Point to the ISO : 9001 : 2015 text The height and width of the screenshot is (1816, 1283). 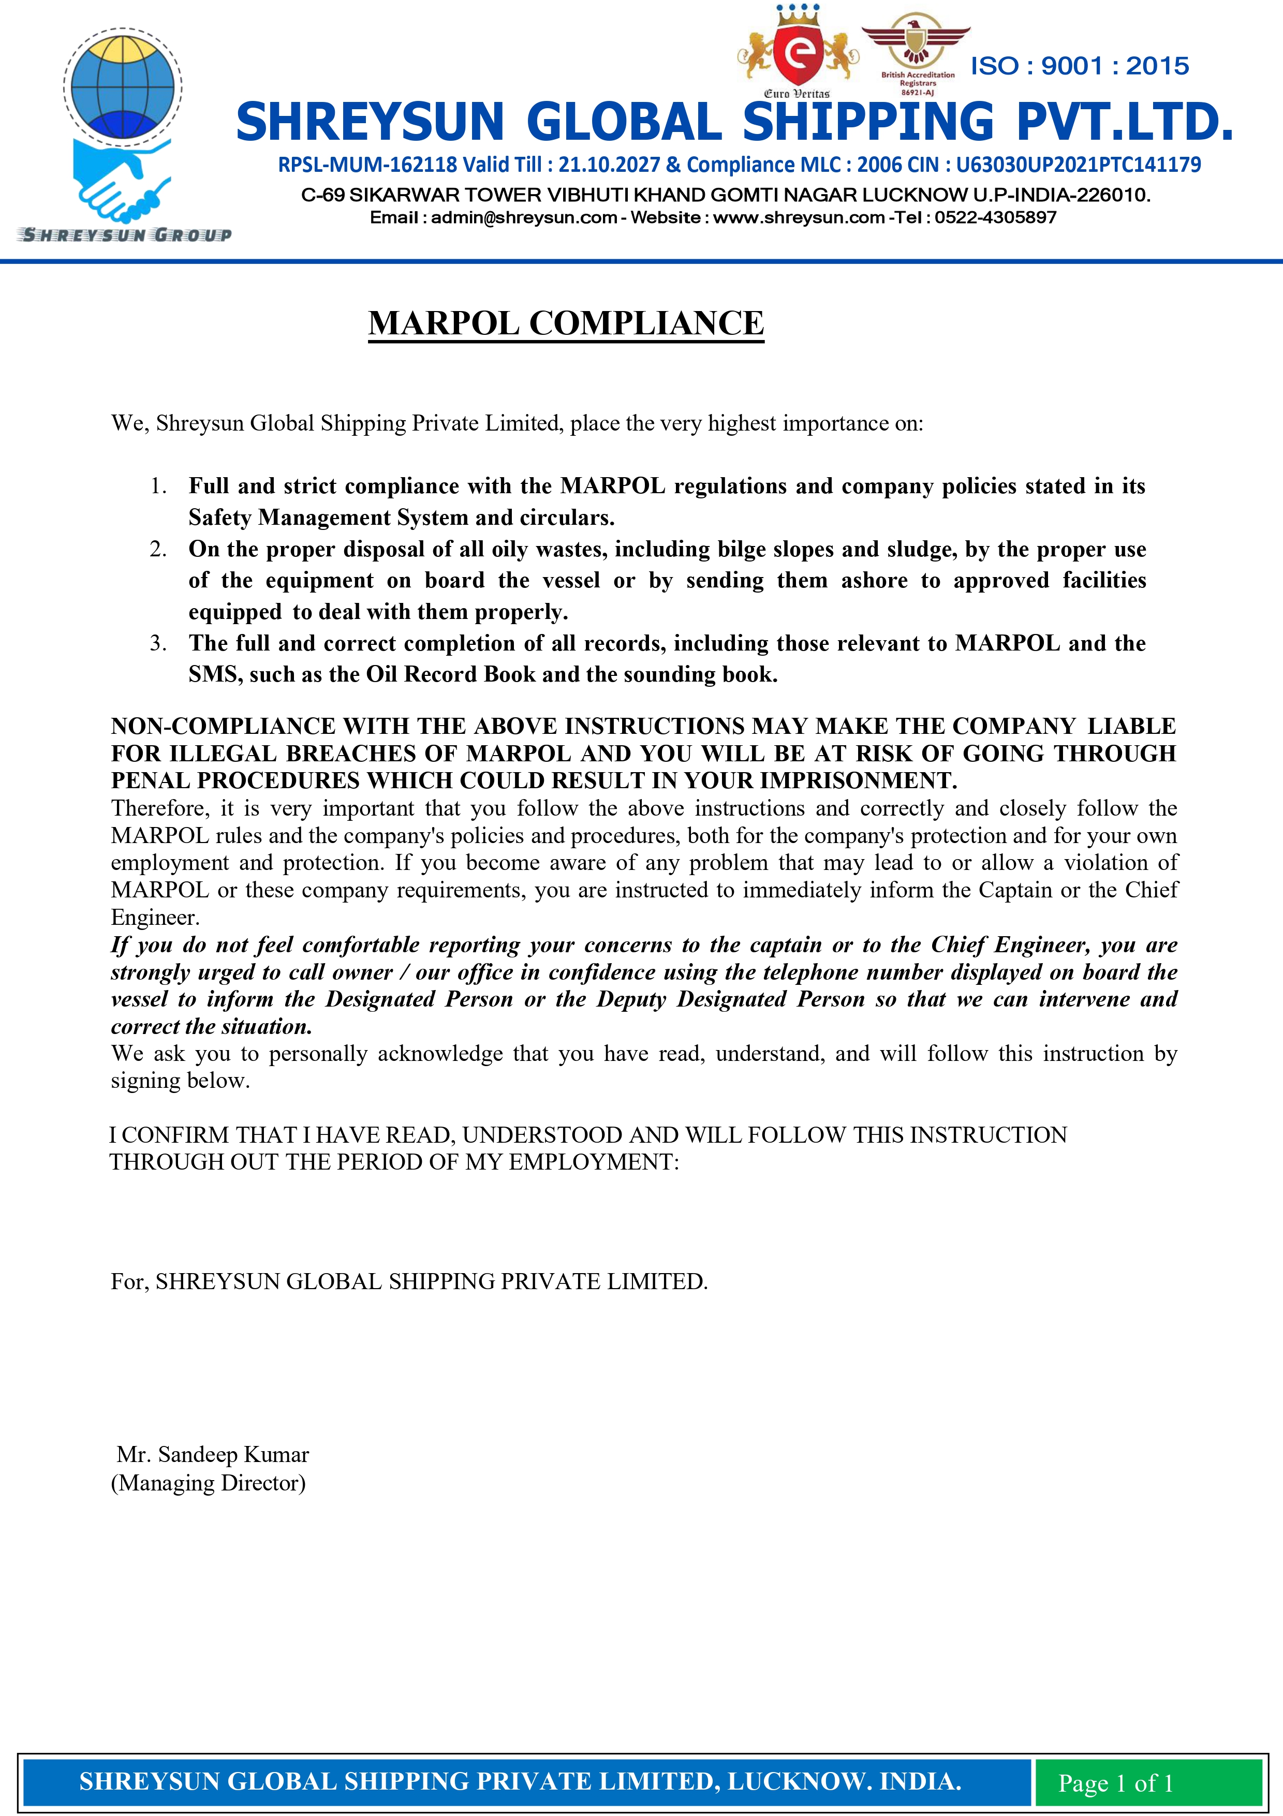1079,66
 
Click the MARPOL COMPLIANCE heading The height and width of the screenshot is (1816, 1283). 566,323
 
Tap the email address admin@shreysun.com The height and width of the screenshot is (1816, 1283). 524,217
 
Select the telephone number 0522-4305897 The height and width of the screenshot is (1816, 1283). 995,217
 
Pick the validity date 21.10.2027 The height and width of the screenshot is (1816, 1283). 608,165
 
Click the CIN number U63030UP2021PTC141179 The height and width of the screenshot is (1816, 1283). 1078,165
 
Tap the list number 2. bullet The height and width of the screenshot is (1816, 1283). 158,549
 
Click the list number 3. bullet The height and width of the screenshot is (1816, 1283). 158,643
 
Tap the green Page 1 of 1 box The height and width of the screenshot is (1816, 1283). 1115,1783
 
